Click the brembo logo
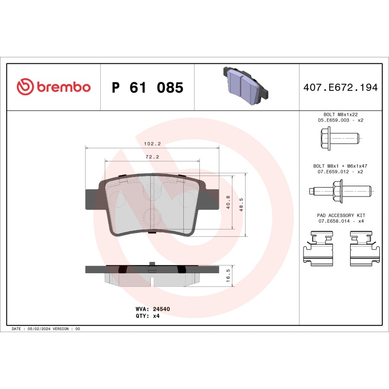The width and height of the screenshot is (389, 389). click(53, 87)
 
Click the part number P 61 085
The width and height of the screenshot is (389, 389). click(147, 88)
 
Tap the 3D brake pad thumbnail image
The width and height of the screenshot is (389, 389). click(246, 87)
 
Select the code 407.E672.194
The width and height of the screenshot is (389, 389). click(340, 88)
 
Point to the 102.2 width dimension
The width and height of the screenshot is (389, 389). click(153, 144)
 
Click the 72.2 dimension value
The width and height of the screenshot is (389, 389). click(153, 158)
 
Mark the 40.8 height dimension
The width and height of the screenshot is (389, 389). click(229, 202)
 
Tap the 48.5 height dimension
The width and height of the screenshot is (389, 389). click(242, 202)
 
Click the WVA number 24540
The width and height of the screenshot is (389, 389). click(161, 309)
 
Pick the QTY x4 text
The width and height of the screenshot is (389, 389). click(156, 316)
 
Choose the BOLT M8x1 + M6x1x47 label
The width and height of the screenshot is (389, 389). click(340, 166)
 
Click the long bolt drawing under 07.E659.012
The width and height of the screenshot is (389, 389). click(340, 189)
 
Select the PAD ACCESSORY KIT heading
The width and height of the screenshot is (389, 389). click(340, 215)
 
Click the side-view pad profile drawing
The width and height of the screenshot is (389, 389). click(153, 273)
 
